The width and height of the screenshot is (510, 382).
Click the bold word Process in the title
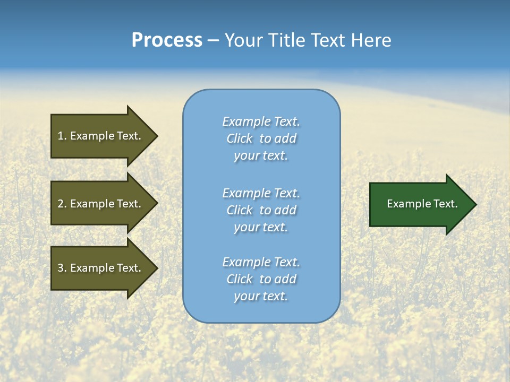pyautogui.click(x=167, y=40)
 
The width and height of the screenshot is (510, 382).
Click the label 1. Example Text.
pyautogui.click(x=99, y=136)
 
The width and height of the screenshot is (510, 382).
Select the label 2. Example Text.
pyautogui.click(x=99, y=204)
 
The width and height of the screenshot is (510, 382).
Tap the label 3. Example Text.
pyautogui.click(x=99, y=268)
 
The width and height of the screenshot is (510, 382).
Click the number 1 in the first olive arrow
pyautogui.click(x=61, y=136)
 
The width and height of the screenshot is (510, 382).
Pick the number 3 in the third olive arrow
pyautogui.click(x=61, y=268)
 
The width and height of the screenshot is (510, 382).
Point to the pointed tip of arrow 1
pyautogui.click(x=157, y=136)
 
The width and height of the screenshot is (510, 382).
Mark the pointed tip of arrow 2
pyautogui.click(x=157, y=203)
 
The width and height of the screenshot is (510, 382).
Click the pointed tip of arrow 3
pyautogui.click(x=157, y=268)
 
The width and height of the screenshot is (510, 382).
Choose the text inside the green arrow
pyautogui.click(x=422, y=204)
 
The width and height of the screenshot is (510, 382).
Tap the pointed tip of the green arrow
pyautogui.click(x=475, y=204)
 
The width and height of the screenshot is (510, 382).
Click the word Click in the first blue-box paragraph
pyautogui.click(x=240, y=138)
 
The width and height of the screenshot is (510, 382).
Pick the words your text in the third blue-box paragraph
pyautogui.click(x=261, y=296)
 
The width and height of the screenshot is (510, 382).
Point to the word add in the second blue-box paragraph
pyautogui.click(x=286, y=210)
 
